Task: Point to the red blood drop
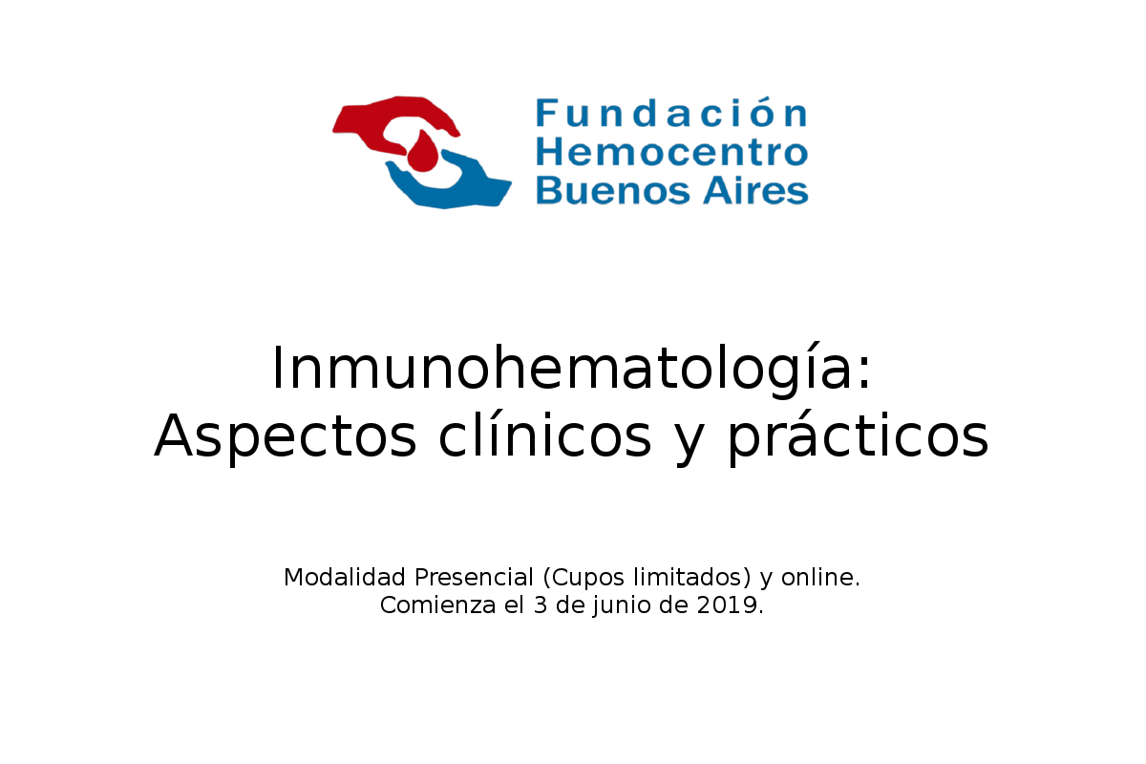[422, 152]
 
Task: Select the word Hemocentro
[671, 152]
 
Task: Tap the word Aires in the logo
[756, 190]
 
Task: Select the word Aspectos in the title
[286, 436]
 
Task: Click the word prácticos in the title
[858, 436]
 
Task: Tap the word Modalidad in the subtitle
[345, 577]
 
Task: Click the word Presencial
[474, 577]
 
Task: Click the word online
[820, 577]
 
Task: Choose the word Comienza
[438, 605]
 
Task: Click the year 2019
[727, 605]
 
